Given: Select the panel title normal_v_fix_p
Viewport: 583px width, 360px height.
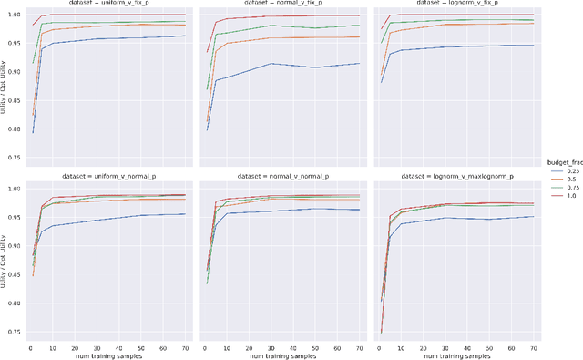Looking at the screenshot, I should (280, 5).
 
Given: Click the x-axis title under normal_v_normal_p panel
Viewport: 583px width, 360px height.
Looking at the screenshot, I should (280, 355).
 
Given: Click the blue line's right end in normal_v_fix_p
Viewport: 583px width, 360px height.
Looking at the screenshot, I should (359, 63).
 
